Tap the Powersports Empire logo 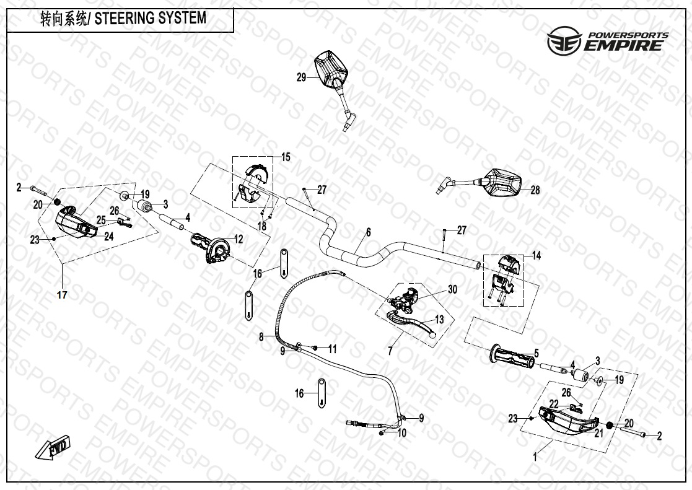(607, 42)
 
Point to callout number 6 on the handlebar (368, 232)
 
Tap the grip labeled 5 (512, 357)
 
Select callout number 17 (61, 295)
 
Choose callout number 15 (286, 157)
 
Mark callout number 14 (537, 255)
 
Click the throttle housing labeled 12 (211, 248)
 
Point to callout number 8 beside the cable (261, 336)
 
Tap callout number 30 (452, 289)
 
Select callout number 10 (402, 433)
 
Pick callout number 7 (390, 351)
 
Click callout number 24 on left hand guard (108, 235)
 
